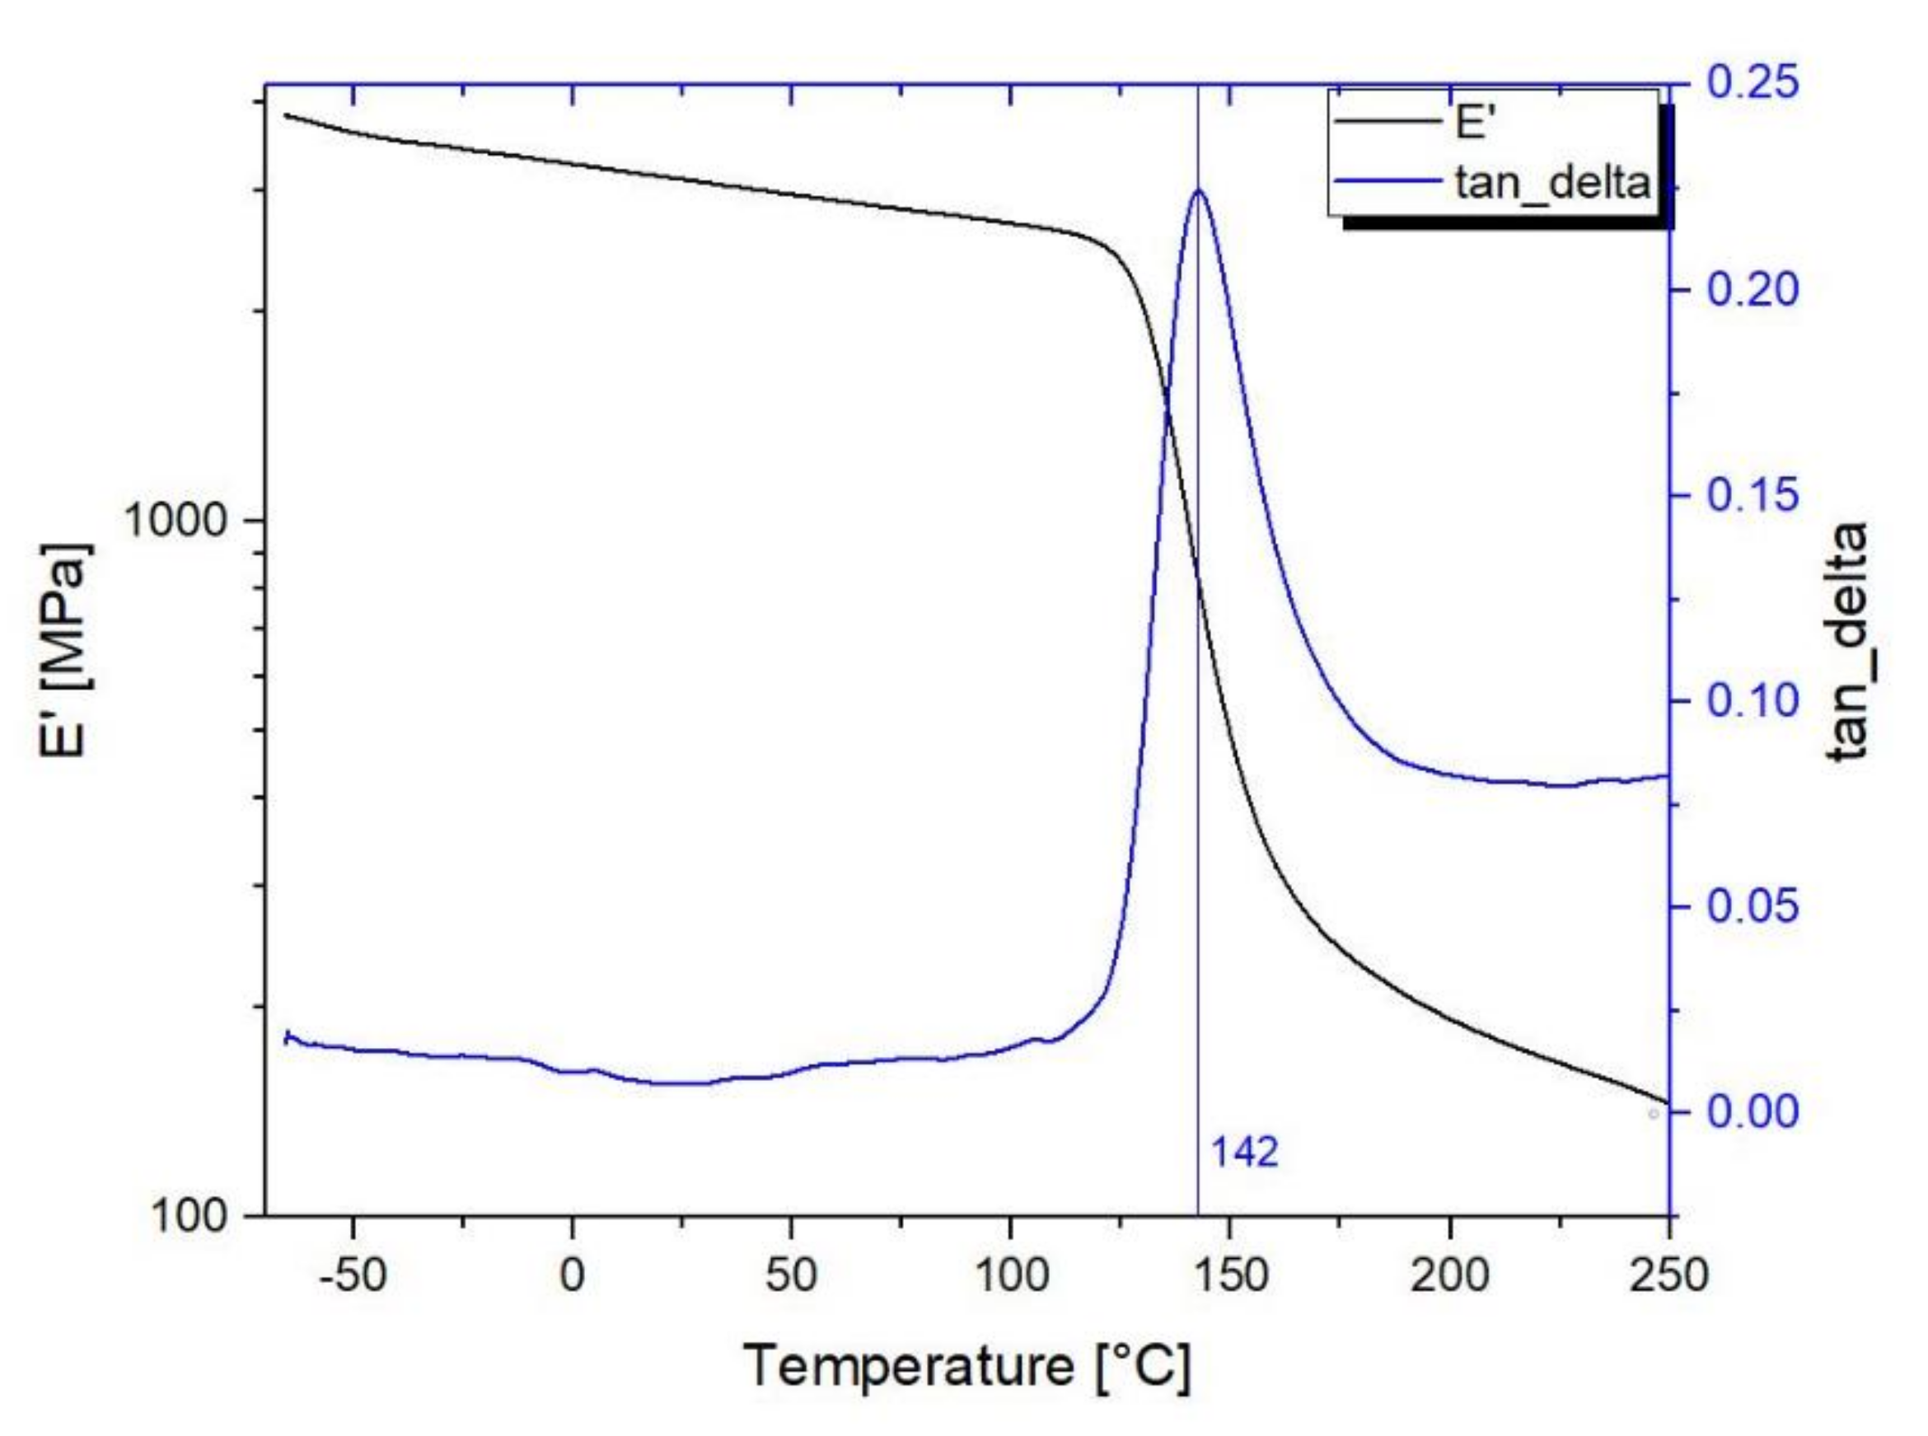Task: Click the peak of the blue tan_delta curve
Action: pyautogui.click(x=1200, y=189)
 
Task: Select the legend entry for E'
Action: pyautogui.click(x=1474, y=124)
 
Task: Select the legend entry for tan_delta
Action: pyautogui.click(x=1552, y=183)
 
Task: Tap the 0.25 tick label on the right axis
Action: pyautogui.click(x=1753, y=84)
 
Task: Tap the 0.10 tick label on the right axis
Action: pyautogui.click(x=1753, y=700)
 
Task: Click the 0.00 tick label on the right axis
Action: pyautogui.click(x=1753, y=1111)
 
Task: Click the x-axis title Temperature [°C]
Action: pyautogui.click(x=966, y=1367)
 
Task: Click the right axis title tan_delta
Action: pyautogui.click(x=1849, y=643)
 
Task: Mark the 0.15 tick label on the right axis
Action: pyautogui.click(x=1753, y=495)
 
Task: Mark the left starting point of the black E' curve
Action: pyautogui.click(x=286, y=115)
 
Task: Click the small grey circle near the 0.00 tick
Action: pyautogui.click(x=1653, y=1114)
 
